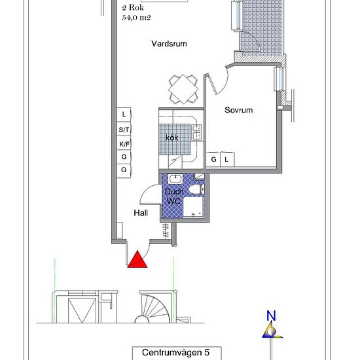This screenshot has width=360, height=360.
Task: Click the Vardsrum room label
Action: (170, 44)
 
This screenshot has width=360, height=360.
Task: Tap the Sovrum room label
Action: (238, 110)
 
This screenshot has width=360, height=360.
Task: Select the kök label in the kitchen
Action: (172, 137)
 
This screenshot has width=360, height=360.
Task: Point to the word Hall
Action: (141, 213)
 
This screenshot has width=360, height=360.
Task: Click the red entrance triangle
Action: (137, 261)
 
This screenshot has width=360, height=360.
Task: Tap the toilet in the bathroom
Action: (196, 190)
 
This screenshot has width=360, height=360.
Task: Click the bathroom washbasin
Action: (175, 179)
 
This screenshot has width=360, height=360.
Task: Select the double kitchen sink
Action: (197, 132)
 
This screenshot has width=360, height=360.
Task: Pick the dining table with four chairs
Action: (183, 89)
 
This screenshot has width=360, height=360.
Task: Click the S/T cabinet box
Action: (124, 130)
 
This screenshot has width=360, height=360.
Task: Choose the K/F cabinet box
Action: (124, 144)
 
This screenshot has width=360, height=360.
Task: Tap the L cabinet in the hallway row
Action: (124, 115)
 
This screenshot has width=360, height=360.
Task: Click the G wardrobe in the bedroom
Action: (213, 159)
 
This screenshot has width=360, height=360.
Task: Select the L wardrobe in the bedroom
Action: (227, 159)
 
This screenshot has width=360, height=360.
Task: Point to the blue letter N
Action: (271, 315)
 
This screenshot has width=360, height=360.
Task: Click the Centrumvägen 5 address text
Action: (175, 352)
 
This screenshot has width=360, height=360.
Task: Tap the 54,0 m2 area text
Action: (136, 18)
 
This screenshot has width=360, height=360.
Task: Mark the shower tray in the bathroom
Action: (194, 207)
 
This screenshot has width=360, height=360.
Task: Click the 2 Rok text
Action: (133, 8)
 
